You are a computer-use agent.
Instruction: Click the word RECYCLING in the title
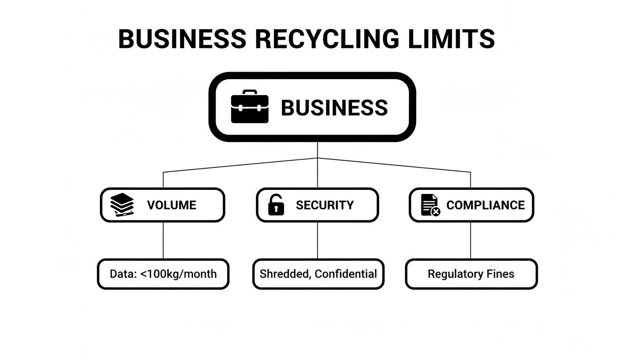[x=327, y=39]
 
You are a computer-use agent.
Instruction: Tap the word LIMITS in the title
[x=451, y=39]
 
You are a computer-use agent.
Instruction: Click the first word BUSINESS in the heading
[x=182, y=39]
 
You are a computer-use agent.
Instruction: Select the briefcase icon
[x=250, y=107]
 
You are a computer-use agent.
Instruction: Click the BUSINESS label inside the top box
[x=334, y=108]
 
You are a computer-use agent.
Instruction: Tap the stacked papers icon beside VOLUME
[x=122, y=205]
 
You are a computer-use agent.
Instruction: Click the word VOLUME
[x=172, y=205]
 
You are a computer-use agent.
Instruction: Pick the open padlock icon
[x=276, y=205]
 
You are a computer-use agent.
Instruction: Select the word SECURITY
[x=325, y=205]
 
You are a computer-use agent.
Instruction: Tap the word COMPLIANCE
[x=486, y=205]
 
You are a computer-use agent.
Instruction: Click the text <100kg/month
[x=179, y=274]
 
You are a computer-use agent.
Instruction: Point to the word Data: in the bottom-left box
[x=123, y=274]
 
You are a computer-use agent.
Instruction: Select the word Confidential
[x=345, y=274]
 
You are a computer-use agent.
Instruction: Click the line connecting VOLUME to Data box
[x=163, y=240]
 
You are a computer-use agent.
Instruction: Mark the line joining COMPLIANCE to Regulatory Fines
[x=471, y=240]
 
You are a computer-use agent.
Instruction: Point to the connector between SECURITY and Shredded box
[x=318, y=240]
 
